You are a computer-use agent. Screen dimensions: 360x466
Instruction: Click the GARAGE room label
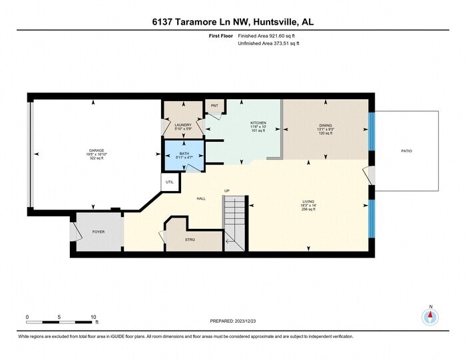97,151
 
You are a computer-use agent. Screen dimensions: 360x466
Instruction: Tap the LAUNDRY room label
183,124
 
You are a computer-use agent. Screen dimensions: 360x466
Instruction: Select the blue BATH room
184,156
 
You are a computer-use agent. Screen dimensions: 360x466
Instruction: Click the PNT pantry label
214,106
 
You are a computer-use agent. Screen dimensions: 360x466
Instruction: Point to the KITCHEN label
258,123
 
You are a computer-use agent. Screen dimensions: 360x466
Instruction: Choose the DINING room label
326,124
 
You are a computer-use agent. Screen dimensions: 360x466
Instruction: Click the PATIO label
406,151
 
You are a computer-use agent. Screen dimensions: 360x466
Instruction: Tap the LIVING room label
308,200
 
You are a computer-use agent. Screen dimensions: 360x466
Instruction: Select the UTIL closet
169,182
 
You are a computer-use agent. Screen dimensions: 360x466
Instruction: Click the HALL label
200,198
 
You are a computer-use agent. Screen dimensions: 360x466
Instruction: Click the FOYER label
99,232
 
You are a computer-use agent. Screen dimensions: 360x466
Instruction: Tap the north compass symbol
431,317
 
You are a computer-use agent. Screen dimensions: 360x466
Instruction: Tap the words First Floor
220,36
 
